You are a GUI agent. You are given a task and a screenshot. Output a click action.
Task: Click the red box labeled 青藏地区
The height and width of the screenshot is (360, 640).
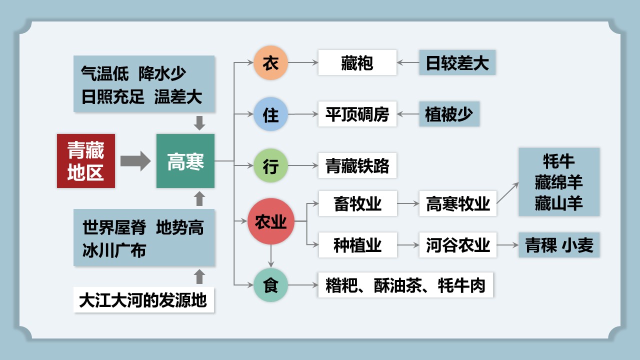[86, 161]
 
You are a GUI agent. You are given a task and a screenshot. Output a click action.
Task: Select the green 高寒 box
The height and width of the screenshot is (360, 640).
[185, 161]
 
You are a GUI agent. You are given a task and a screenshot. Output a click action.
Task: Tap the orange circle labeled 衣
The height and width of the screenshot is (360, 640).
[270, 62]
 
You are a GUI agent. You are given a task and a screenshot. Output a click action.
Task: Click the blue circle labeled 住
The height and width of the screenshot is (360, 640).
[270, 114]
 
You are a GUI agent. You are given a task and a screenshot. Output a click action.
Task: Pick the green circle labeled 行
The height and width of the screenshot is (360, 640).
[270, 165]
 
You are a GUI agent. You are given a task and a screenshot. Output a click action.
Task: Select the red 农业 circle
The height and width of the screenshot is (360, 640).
[271, 221]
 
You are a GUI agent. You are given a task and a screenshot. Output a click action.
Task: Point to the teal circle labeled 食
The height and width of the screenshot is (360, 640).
[270, 285]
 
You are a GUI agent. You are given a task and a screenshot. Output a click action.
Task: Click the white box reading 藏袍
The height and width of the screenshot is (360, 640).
[357, 62]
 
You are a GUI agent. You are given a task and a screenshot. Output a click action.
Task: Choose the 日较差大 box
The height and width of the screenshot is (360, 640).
[457, 62]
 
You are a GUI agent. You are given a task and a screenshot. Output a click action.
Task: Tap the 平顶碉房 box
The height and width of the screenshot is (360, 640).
[357, 114]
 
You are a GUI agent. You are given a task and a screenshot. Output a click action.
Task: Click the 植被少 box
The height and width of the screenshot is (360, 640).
[449, 114]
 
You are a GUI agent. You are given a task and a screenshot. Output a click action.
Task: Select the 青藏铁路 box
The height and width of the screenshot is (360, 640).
[357, 165]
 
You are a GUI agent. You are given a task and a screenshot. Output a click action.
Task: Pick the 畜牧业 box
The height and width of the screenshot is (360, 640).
[357, 203]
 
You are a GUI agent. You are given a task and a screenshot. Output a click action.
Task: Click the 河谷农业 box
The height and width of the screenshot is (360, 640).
[457, 245]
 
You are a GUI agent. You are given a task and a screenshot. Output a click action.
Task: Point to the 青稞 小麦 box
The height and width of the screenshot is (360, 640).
[559, 245]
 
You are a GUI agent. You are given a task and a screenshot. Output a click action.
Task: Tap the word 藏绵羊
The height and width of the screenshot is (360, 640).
[558, 182]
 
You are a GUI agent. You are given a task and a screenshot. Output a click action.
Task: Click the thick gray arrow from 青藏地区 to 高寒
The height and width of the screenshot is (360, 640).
[135, 161]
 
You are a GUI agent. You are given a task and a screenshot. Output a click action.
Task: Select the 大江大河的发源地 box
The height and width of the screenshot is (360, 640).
[143, 299]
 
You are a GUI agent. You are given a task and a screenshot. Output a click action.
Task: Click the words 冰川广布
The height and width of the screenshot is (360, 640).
[114, 250]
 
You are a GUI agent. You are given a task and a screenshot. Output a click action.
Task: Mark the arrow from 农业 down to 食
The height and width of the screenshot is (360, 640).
[271, 256]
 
